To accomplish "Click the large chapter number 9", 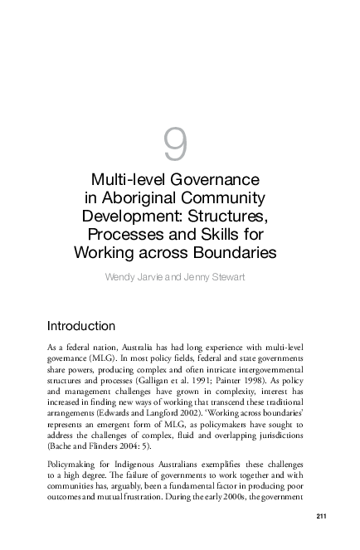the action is pyautogui.click(x=175, y=146).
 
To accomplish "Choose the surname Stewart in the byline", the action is pyautogui.click(x=224, y=275).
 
